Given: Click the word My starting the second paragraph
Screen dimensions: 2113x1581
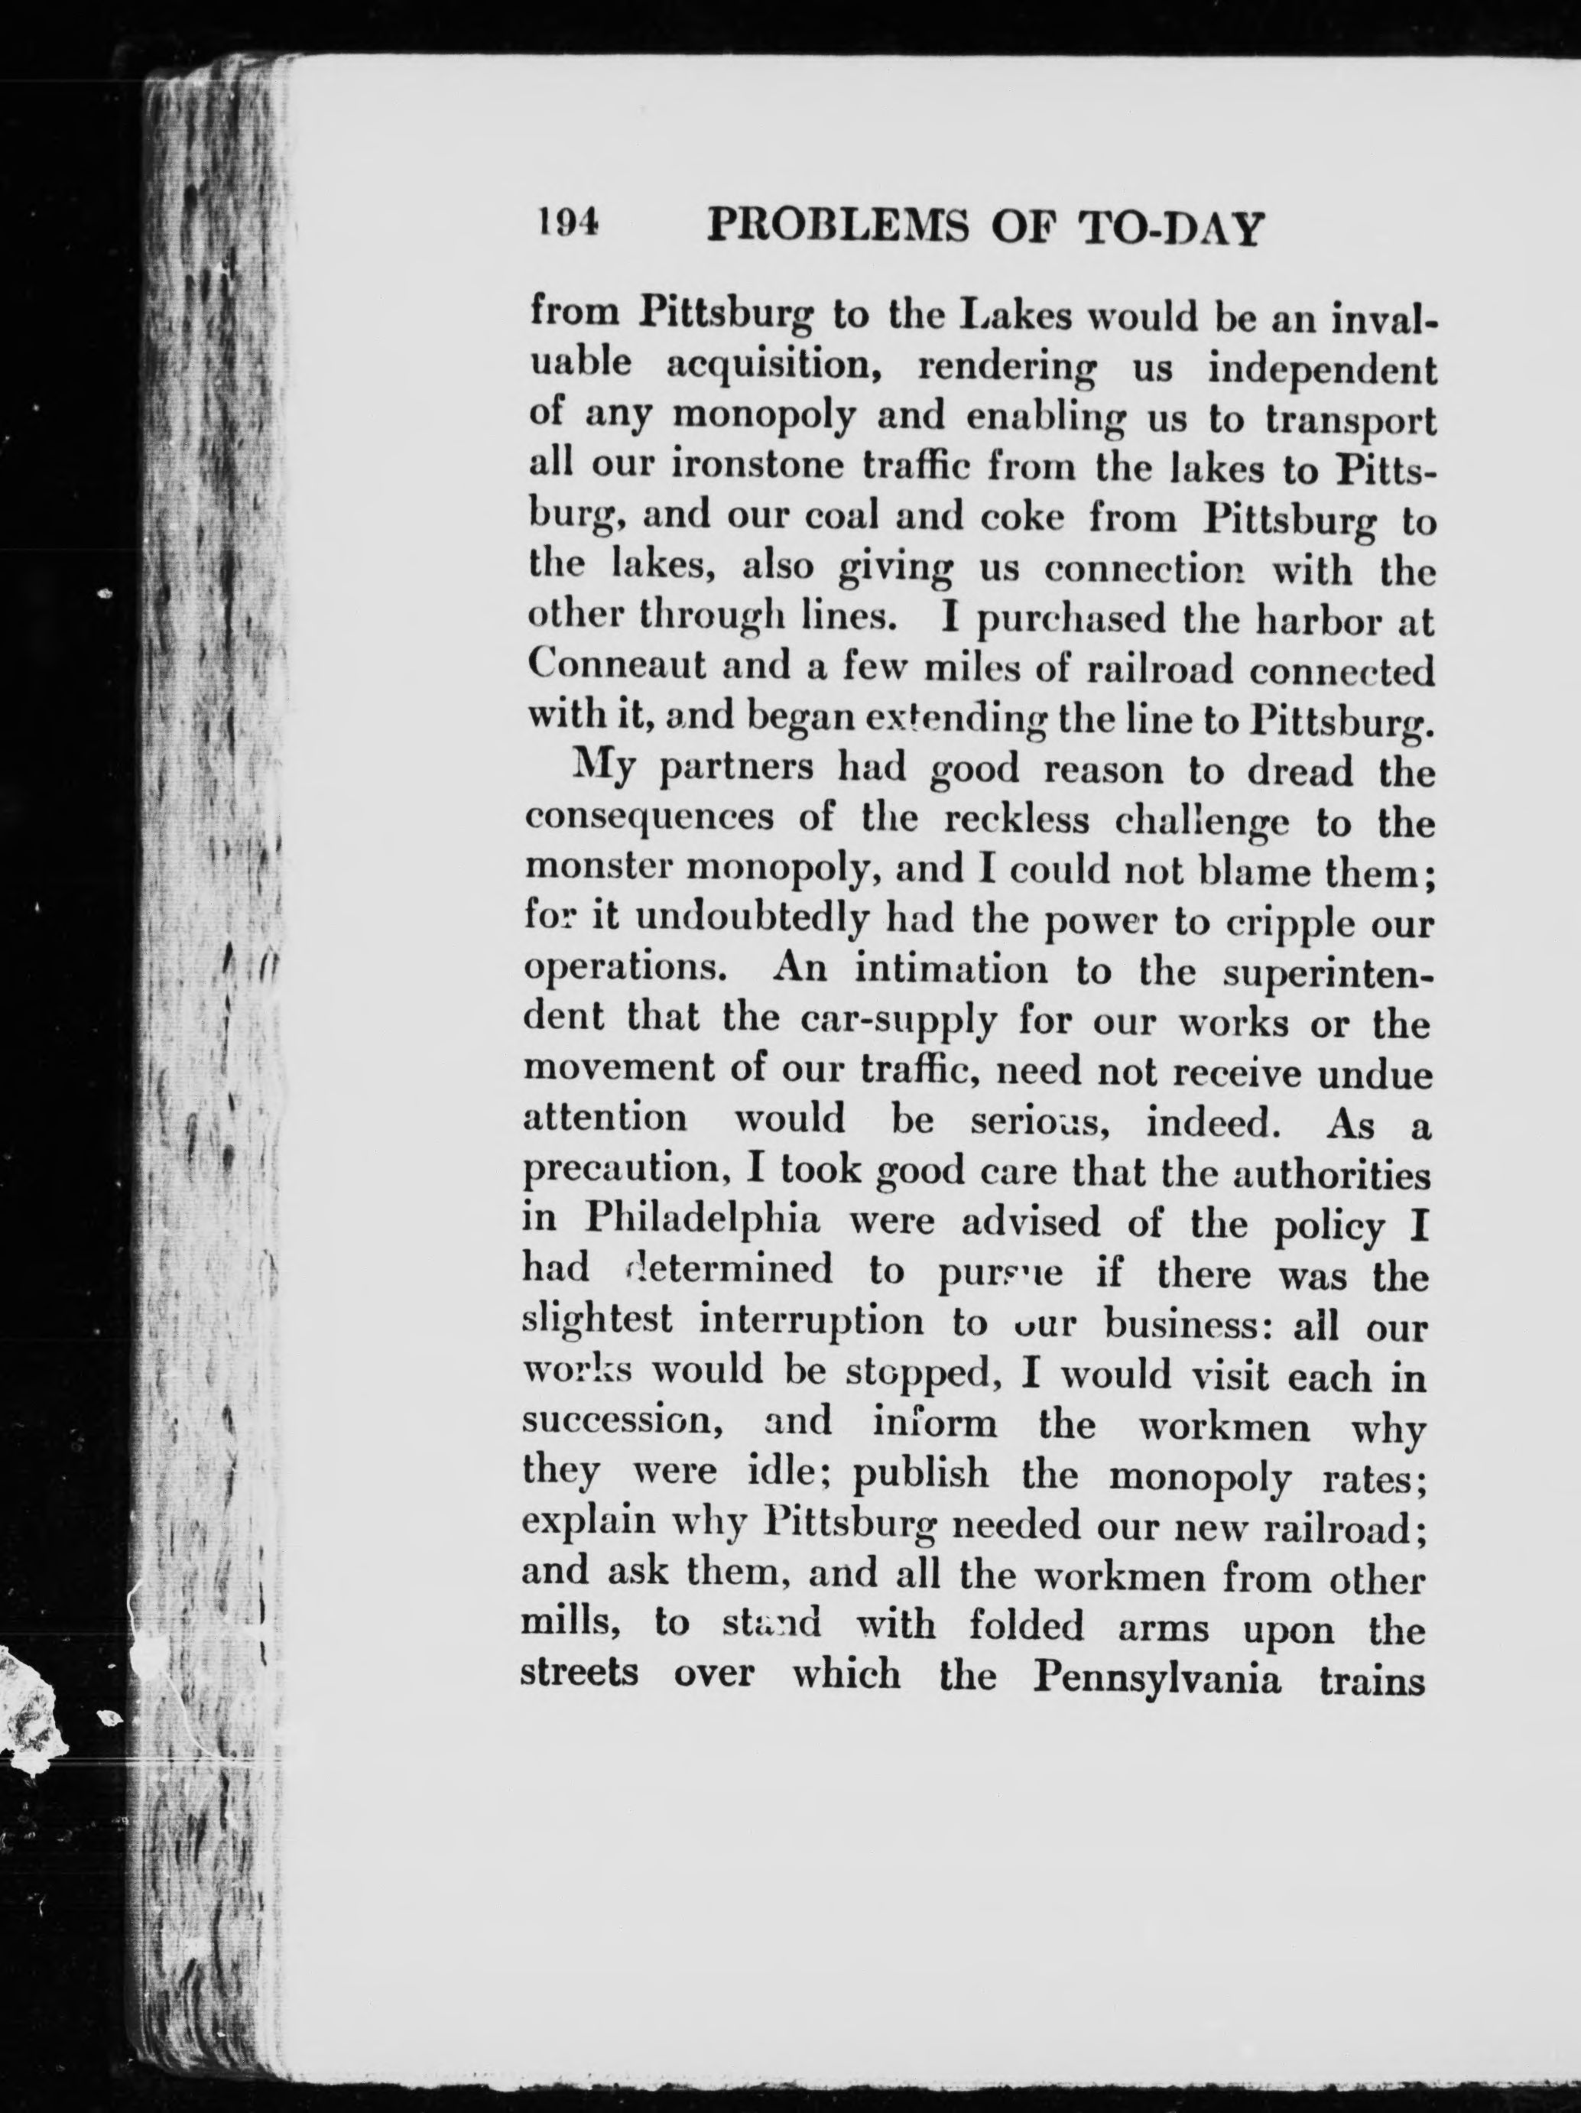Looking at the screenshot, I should point(602,770).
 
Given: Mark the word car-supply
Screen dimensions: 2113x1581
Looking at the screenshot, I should point(898,1022).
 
